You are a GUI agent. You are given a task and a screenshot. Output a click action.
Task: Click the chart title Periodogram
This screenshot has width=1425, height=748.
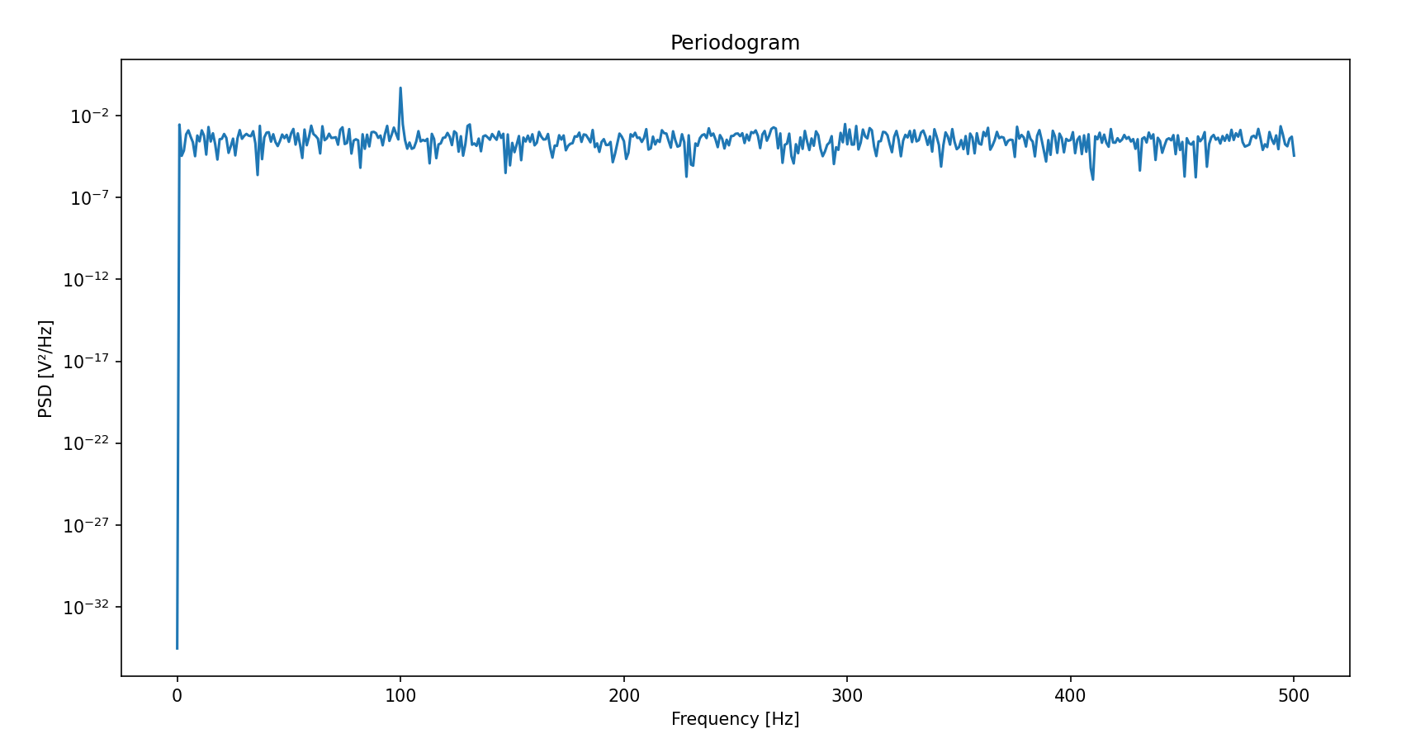[735, 43]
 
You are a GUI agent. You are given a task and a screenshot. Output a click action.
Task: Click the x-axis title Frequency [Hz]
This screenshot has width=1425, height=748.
[735, 719]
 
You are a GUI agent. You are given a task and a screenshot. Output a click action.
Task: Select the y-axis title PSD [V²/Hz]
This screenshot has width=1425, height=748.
[46, 368]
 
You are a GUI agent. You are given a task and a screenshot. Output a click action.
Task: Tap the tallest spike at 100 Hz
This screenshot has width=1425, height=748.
[400, 88]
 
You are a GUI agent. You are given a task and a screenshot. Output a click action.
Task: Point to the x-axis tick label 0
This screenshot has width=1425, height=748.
[177, 696]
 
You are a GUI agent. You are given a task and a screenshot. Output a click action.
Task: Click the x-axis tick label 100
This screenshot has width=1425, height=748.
[400, 696]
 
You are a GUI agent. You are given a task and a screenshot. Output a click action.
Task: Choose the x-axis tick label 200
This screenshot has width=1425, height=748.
[623, 696]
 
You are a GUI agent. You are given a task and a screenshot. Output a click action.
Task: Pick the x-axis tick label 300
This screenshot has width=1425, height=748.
[847, 696]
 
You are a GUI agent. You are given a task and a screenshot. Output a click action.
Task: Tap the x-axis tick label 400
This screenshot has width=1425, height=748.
[1070, 696]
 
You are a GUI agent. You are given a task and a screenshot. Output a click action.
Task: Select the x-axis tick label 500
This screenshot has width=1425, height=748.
[1294, 696]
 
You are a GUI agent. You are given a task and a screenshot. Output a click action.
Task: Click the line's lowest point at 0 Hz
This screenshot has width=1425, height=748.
[177, 648]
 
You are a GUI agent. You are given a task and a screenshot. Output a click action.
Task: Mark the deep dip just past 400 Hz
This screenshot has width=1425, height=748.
[1093, 179]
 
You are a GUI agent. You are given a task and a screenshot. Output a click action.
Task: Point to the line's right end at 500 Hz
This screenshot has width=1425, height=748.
[1294, 155]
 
